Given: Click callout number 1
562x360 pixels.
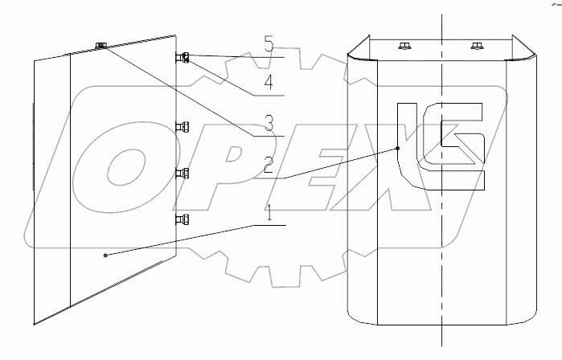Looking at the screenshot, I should pos(270,215).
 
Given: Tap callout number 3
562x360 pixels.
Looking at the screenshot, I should pos(270,123).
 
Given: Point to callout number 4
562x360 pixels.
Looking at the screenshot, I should pos(270,82).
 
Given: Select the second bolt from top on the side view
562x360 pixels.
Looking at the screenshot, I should pos(183,125).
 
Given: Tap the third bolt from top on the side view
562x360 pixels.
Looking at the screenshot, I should pos(183,173).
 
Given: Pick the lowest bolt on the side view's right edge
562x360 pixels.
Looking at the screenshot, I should pos(183,219).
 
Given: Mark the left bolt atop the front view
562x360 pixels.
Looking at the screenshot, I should pos(403,46).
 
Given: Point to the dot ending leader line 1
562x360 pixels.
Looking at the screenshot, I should pos(105,255).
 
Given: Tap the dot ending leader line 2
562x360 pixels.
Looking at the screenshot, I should pos(398,148).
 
